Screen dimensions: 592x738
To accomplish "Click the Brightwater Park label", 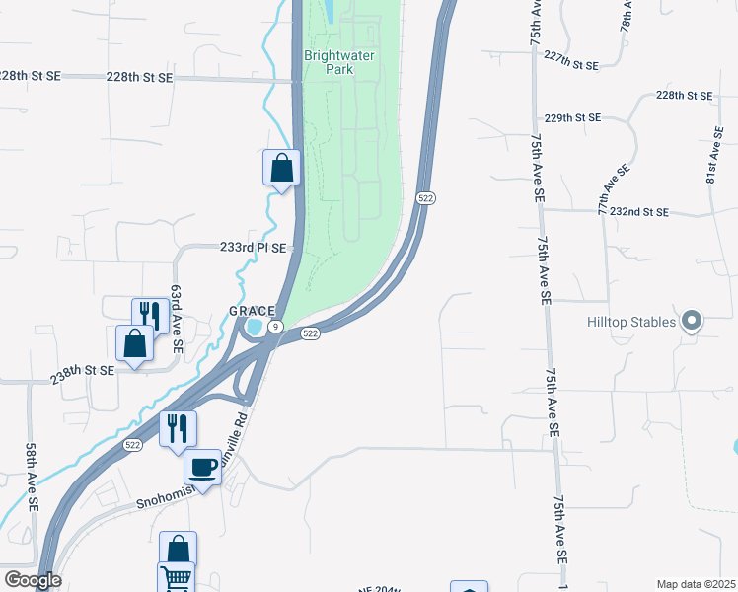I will tap(339, 63).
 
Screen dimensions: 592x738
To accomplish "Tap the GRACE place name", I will tap(251, 310).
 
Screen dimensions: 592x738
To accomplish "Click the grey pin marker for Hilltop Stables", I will tap(692, 321).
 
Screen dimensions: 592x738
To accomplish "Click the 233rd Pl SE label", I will tap(253, 249).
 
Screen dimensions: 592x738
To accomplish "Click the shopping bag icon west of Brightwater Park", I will tap(281, 167).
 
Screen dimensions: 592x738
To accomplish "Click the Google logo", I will tap(33, 580).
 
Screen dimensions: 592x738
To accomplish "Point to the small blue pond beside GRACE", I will tap(256, 327).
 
